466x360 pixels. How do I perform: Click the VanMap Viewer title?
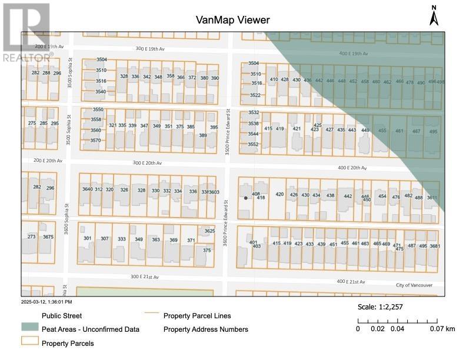tap(233, 20)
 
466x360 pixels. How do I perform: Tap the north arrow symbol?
tap(434, 16)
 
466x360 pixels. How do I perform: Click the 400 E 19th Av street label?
tap(353, 54)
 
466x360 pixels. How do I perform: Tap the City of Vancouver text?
tap(414, 285)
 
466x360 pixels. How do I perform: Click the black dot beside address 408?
tap(246, 198)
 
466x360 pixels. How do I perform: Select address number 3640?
tap(87, 189)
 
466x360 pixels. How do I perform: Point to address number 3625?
tap(209, 231)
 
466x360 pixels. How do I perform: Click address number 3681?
tap(435, 246)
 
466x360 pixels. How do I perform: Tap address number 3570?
tap(97, 141)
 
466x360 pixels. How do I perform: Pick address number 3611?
tap(432, 198)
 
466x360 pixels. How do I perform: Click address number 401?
tap(254, 242)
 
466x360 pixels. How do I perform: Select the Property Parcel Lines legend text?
tap(197, 316)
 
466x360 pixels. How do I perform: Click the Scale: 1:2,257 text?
tap(380, 307)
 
